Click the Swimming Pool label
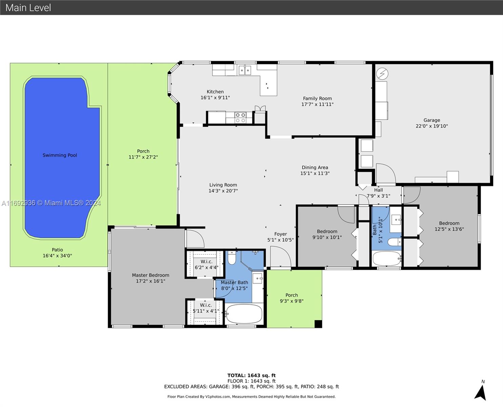(x=60, y=155)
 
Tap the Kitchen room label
(x=215, y=92)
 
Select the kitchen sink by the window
(x=245, y=70)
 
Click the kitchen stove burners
(x=240, y=118)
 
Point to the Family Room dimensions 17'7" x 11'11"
(x=317, y=104)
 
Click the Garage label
(x=432, y=120)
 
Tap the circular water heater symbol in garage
(x=382, y=74)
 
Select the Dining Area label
(x=315, y=168)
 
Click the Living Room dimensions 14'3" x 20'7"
(x=223, y=191)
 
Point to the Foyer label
(x=281, y=234)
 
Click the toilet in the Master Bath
(x=232, y=258)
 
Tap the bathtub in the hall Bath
(x=387, y=258)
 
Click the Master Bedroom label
(x=150, y=275)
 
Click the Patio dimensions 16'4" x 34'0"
(x=57, y=256)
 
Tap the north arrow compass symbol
(x=481, y=392)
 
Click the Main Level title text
(x=28, y=8)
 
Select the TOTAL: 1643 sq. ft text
(x=251, y=375)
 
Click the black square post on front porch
(x=318, y=324)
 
